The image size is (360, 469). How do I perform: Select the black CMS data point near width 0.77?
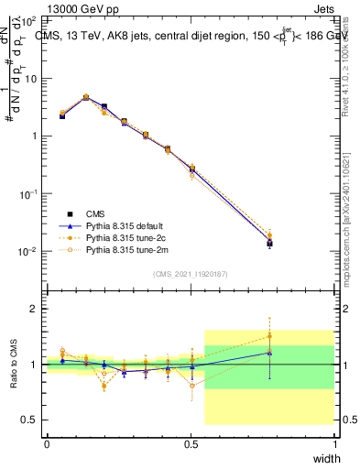point(269,243)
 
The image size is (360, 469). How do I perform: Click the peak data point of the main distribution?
point(86,97)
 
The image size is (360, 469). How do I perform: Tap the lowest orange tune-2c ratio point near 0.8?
point(104,386)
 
